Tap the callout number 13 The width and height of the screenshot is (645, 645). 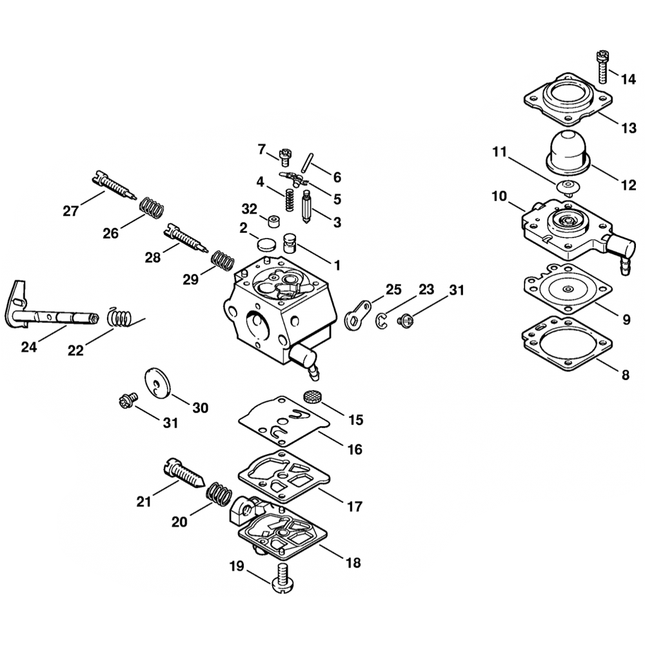coord(628,128)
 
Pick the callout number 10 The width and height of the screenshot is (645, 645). coord(499,195)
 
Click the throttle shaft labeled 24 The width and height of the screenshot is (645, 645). coord(52,316)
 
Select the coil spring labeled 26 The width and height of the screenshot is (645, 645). coord(152,208)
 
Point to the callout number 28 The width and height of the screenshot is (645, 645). coord(152,258)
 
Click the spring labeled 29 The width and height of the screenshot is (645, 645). coord(223,261)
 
